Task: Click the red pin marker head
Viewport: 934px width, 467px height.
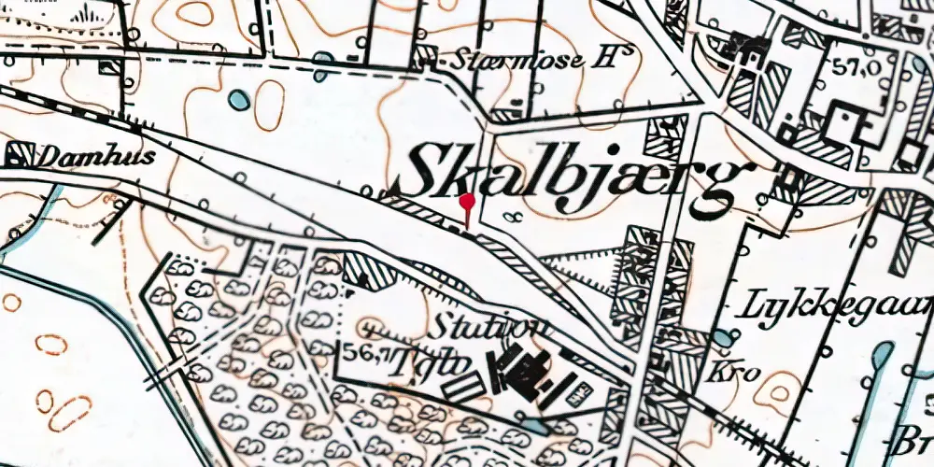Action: [468, 200]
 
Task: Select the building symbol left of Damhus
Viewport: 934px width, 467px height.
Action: [19, 154]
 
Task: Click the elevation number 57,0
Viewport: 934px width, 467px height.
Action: [847, 68]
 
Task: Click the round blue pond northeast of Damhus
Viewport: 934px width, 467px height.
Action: [240, 99]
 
